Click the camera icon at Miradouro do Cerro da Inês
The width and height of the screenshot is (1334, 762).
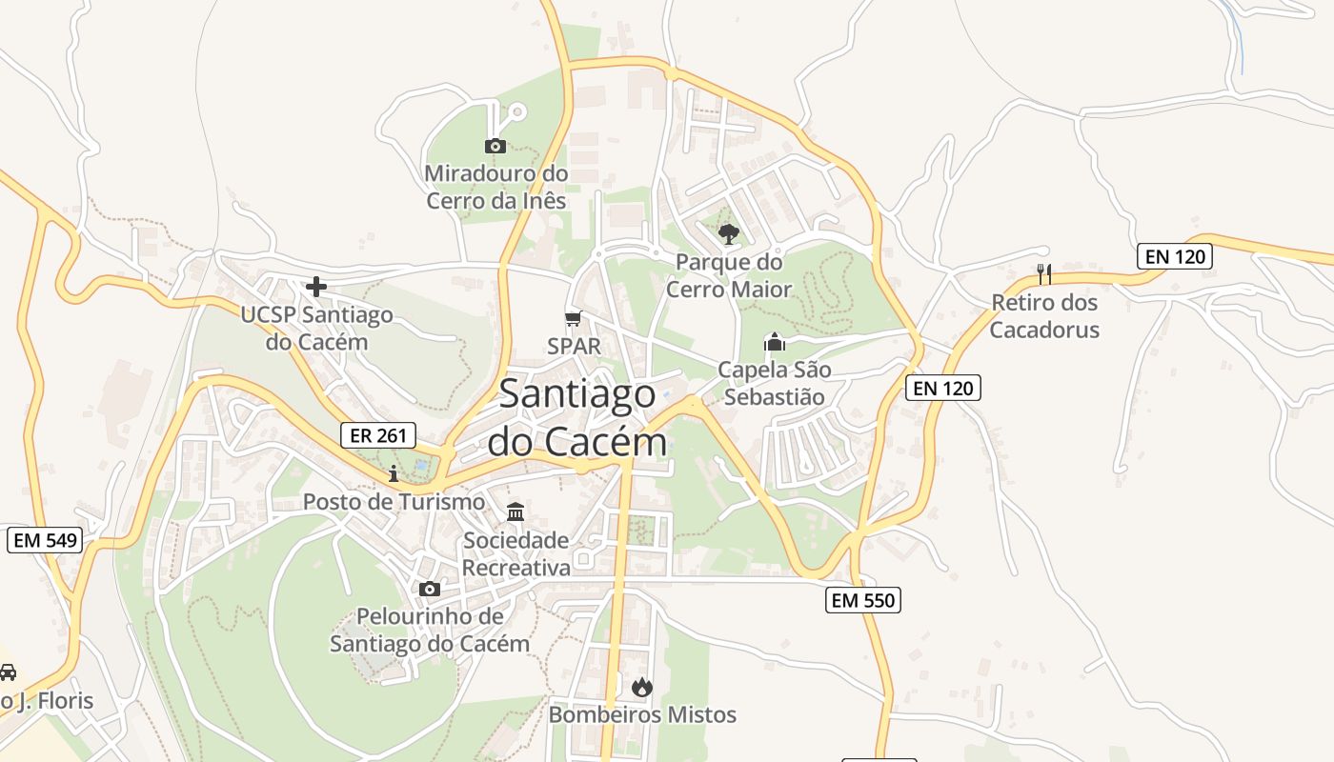(x=495, y=146)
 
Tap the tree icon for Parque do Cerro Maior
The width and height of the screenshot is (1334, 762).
(x=729, y=233)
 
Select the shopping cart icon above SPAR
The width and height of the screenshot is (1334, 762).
(x=573, y=318)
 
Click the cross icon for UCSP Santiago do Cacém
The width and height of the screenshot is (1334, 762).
(x=316, y=286)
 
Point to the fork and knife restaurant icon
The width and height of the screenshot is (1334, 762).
(x=1044, y=274)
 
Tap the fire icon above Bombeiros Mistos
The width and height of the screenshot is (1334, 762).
(x=642, y=687)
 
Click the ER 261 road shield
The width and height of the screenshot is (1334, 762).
(x=378, y=435)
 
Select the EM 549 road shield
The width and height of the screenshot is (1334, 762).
(x=45, y=540)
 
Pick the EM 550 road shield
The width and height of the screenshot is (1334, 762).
(x=862, y=599)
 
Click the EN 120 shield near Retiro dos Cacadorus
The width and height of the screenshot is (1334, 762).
(x=1174, y=255)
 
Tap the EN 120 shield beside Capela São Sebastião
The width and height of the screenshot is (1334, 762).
(x=942, y=388)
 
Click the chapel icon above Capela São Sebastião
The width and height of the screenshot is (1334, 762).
(x=775, y=342)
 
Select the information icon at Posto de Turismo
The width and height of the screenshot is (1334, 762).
(x=394, y=473)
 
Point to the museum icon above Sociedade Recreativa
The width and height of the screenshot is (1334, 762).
(x=515, y=512)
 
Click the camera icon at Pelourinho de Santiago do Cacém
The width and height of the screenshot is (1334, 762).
(x=430, y=589)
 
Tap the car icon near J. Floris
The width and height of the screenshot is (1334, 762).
(x=8, y=672)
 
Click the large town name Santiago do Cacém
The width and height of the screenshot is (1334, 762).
(x=576, y=417)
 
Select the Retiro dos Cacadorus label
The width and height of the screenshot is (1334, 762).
(x=1044, y=316)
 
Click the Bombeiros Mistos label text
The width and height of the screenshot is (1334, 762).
(x=642, y=714)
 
